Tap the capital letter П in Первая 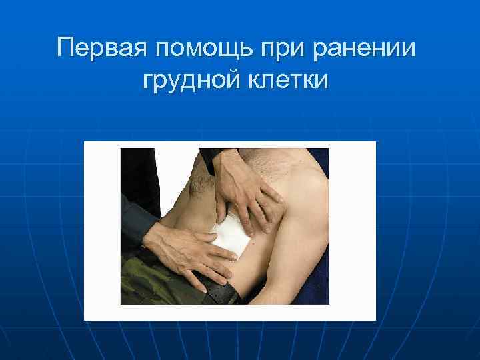coord(67,49)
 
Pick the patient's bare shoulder coord(293,167)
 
